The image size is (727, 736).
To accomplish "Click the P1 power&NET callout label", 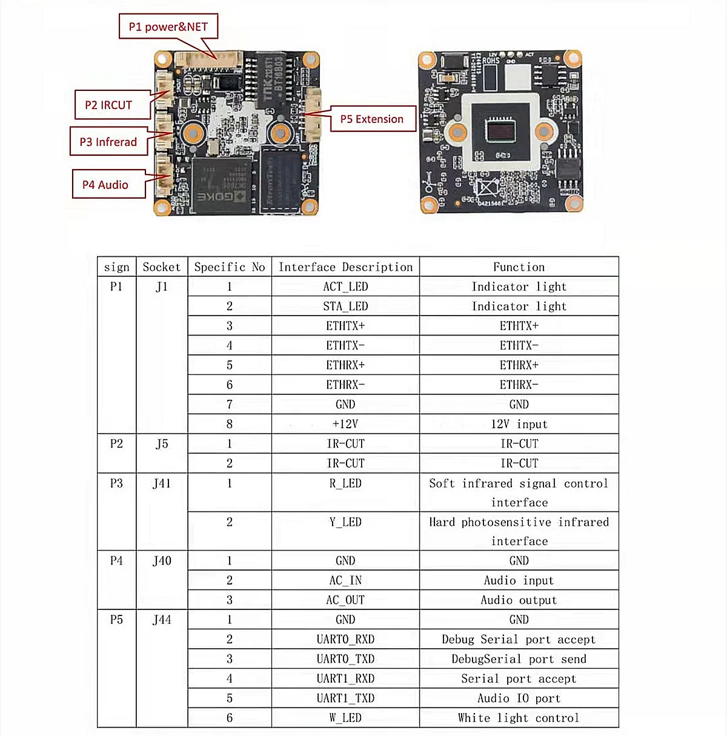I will click(168, 27).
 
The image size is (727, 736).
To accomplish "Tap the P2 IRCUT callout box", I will click(108, 105).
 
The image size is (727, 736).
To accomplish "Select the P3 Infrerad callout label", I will click(108, 142).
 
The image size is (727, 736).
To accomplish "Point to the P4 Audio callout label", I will click(105, 185).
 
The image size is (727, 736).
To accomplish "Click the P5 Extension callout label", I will click(371, 119).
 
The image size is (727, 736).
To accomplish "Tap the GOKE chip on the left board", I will click(221, 185).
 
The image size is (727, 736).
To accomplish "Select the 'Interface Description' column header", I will click(345, 267).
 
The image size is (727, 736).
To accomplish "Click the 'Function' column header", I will click(519, 267).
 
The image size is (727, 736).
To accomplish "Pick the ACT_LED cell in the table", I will click(345, 287).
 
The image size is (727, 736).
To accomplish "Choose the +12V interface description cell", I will click(345, 424).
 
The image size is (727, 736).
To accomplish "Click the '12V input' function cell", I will click(519, 424).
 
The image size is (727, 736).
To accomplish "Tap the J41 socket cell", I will click(162, 483).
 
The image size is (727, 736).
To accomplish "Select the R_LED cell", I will click(345, 483).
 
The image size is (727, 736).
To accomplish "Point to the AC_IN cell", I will click(345, 580).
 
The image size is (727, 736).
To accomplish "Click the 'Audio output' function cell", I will click(519, 600).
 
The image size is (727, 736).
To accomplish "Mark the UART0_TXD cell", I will click(345, 659).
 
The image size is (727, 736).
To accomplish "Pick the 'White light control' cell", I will click(519, 718).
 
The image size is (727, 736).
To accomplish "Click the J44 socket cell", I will click(162, 620).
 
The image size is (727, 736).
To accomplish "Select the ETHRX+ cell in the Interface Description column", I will click(345, 365).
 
